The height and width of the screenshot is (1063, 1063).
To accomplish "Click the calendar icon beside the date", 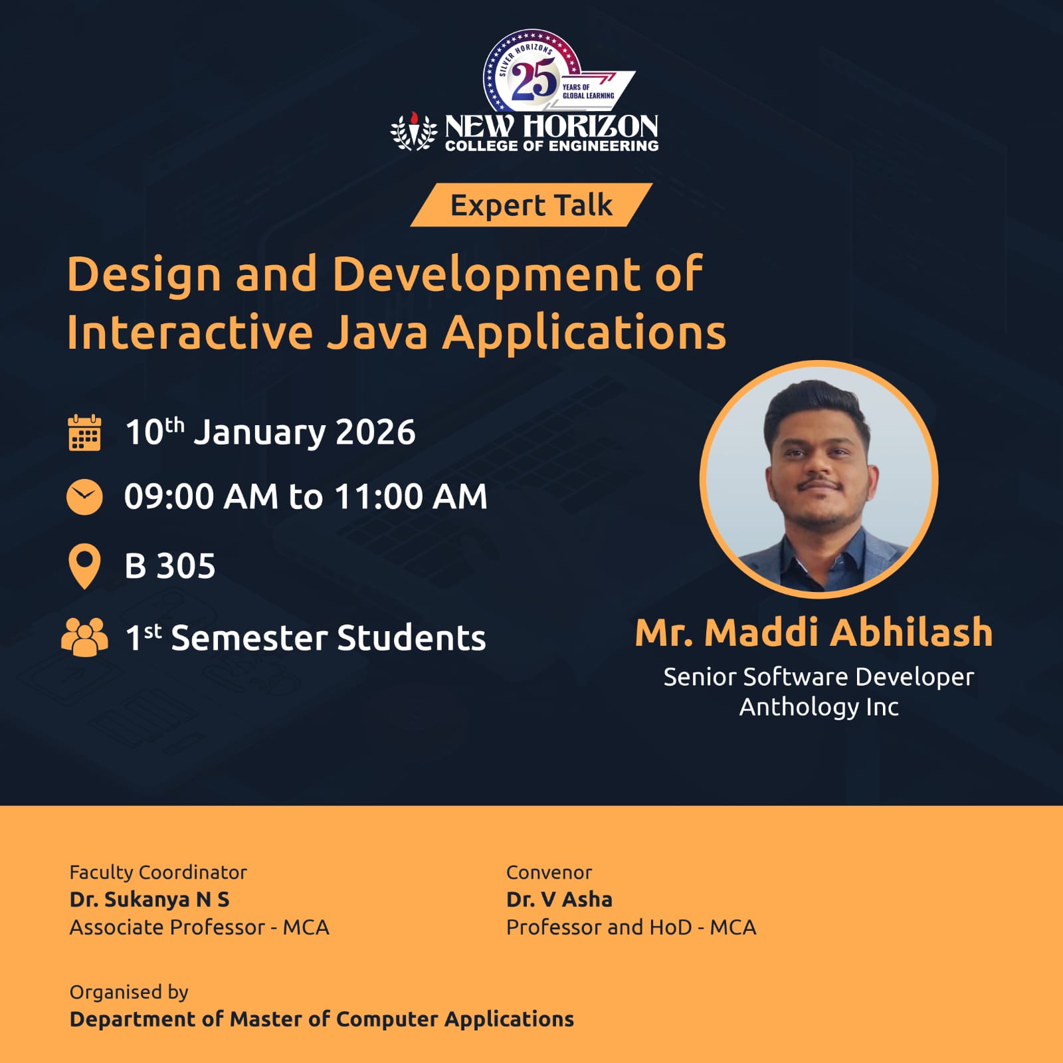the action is point(84,433).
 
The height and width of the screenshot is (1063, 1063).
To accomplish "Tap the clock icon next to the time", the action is point(84,496).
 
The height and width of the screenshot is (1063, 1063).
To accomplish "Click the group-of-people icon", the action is point(84,638).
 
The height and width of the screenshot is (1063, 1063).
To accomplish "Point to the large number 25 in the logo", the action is point(534,80).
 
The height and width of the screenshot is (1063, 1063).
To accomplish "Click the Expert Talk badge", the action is point(531,205).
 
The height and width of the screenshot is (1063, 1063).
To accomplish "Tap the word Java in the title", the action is point(377,332).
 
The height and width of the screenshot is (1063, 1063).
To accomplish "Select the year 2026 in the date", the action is point(375,433).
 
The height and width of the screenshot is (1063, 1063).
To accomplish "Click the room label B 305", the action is point(170,567).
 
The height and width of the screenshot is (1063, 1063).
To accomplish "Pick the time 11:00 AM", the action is point(411,496).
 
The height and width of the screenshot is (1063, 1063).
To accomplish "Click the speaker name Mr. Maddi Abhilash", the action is point(814,632).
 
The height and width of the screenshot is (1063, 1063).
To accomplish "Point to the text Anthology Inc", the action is point(819,707).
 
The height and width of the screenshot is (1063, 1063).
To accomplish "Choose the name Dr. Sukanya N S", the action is point(149,900).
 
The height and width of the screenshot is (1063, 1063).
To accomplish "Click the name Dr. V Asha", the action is point(559,900).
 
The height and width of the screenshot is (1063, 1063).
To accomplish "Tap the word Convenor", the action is point(549,872).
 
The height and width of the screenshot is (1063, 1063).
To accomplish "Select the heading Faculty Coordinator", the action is point(158,872).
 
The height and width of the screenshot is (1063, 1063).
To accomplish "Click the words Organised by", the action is point(129,992).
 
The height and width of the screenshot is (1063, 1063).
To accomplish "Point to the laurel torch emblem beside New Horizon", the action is point(413,131).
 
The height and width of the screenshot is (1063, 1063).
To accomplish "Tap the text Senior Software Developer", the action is point(819,677).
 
